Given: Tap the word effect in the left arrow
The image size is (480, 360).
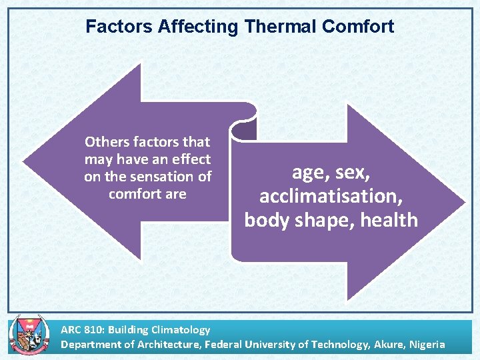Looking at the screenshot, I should (x=191, y=159).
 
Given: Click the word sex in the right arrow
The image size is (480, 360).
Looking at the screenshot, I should (x=351, y=173).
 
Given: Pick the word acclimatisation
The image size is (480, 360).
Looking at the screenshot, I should (x=331, y=196).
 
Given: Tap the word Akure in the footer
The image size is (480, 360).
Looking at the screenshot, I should (x=385, y=344).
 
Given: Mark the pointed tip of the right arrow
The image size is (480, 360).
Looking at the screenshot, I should (x=465, y=202).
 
